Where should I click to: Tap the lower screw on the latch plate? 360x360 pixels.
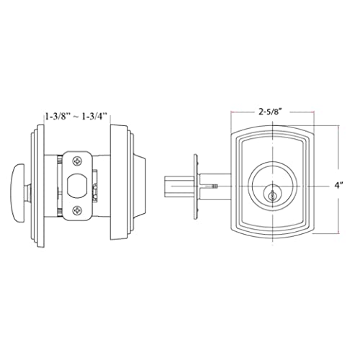pyautogui.click(x=77, y=210)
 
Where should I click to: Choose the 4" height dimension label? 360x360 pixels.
pyautogui.click(x=338, y=184)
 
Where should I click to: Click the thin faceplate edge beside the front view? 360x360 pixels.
pyautogui.click(x=194, y=186)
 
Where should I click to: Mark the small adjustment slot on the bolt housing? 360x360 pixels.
pyautogui.click(x=215, y=186)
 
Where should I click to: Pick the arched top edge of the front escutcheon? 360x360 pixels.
pyautogui.click(x=274, y=130)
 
